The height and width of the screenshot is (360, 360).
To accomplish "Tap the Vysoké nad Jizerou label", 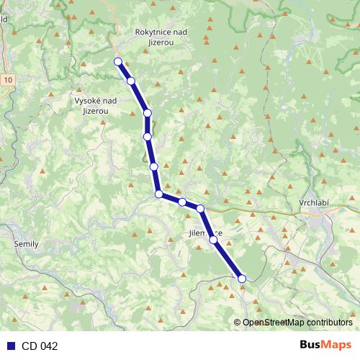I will tap(96, 106).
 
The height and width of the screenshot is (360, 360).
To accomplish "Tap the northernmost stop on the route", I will tap(117, 62).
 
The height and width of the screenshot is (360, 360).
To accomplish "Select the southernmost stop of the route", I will tap(242, 279).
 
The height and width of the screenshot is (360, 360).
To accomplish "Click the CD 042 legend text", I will tap(40, 346).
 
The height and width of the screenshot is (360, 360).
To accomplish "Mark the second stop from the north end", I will tap(131, 81).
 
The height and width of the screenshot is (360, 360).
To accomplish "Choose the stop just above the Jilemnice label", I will tap(200, 209).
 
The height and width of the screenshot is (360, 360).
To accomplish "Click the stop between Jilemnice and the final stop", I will tap(213, 240).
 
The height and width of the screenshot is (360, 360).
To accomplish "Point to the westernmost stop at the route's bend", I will tap(158, 194).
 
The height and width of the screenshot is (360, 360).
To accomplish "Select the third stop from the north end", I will tap(148, 113).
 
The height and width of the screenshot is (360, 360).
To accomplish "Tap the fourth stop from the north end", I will tap(147, 136).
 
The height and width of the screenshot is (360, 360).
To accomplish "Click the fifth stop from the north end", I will tap(153, 166).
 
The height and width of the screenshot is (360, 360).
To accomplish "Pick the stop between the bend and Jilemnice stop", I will tap(182, 202).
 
